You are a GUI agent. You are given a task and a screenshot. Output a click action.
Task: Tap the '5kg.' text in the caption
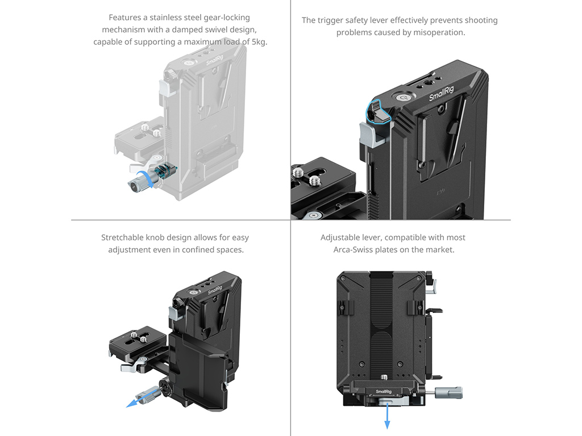[259, 41]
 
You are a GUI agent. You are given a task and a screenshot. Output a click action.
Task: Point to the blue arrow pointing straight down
[388, 417]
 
